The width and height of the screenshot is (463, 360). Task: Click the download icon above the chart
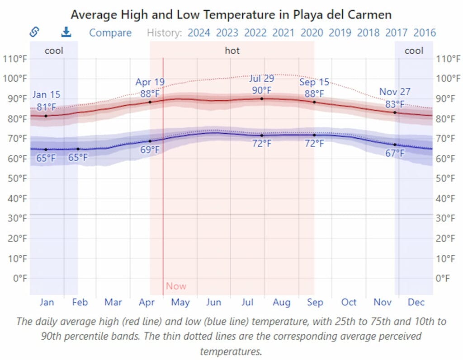point(66,32)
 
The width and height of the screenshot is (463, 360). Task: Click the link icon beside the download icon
point(34,32)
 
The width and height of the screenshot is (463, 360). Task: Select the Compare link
point(110,33)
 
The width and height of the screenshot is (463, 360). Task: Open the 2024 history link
point(199,33)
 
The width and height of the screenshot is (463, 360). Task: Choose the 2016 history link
point(425,33)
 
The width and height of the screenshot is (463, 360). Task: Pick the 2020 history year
point(312,33)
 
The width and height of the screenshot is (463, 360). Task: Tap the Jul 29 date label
point(262,79)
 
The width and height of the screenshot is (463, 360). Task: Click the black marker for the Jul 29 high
point(262,98)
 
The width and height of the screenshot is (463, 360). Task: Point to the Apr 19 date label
point(150,82)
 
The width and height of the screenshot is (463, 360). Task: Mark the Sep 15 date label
point(314,82)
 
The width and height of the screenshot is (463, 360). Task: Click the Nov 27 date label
point(395,92)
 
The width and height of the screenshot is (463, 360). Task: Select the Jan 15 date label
point(46,95)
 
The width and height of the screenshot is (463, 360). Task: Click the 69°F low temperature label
point(150,150)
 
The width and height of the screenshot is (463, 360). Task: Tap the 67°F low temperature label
point(395,154)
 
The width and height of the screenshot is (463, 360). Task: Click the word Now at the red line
point(176,286)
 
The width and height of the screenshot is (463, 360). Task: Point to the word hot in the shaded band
point(232,51)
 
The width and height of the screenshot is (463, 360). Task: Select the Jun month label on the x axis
point(213,302)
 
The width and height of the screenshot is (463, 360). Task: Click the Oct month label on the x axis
point(349,302)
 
